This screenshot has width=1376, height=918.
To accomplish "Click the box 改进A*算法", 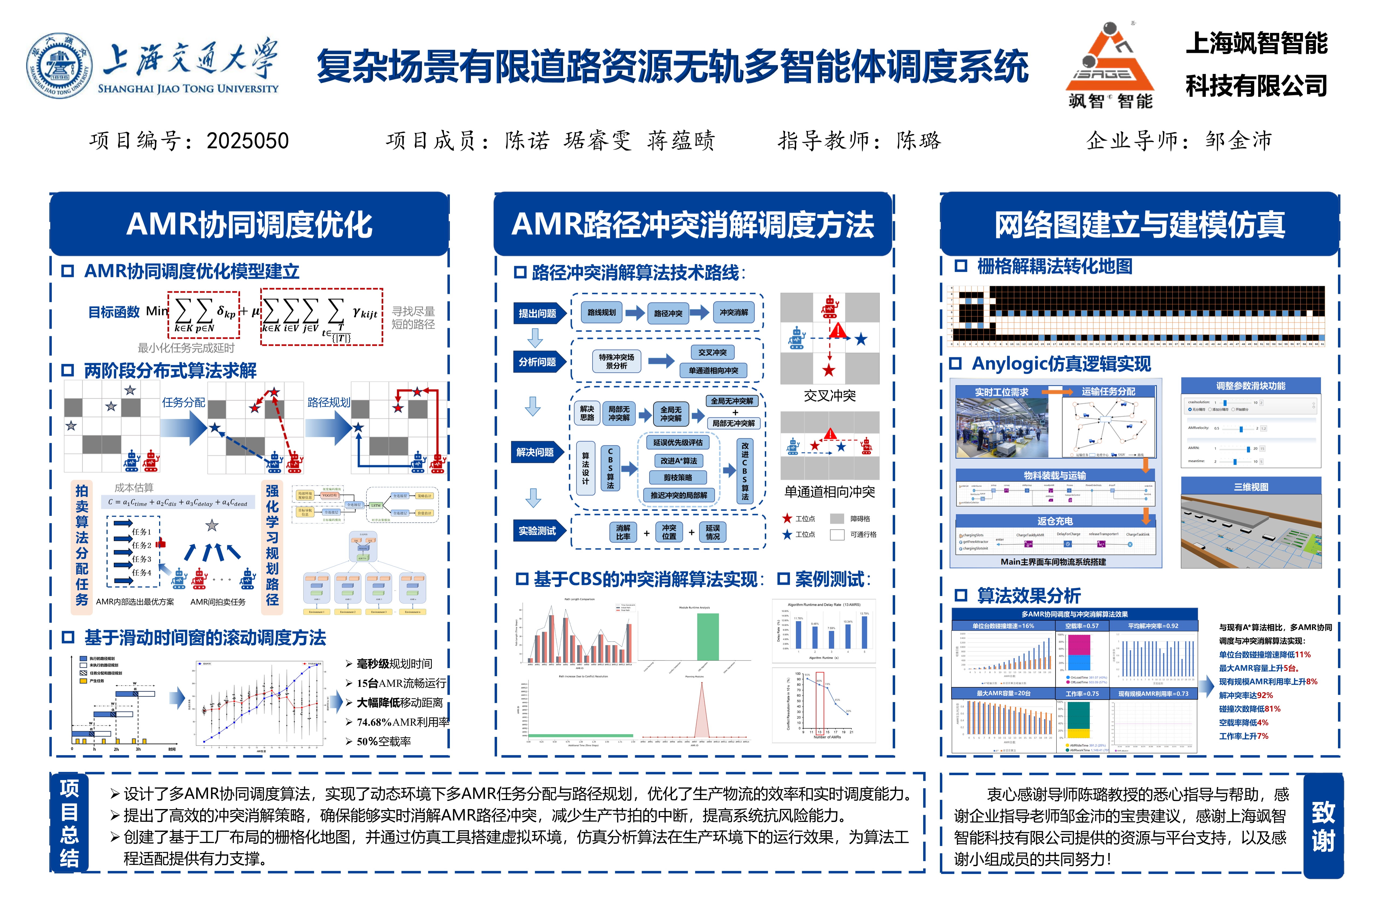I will [x=679, y=461].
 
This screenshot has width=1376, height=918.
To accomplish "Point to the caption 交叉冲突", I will [x=830, y=396].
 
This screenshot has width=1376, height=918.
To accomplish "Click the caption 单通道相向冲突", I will [x=830, y=492].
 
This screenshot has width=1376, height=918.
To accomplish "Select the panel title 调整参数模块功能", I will [x=1251, y=386].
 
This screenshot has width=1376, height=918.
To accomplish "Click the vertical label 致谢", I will [x=1323, y=827].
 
